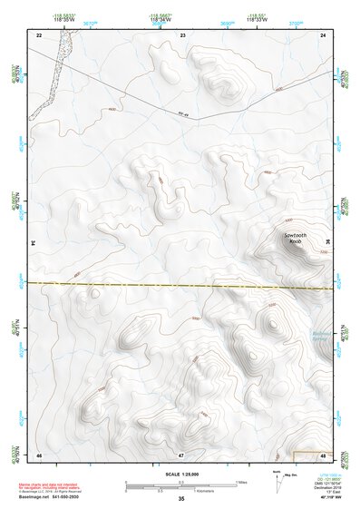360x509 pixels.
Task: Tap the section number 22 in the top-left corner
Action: pos(39,34)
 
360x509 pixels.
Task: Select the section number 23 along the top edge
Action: pos(183,34)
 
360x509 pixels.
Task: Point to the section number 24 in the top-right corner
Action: pos(324,34)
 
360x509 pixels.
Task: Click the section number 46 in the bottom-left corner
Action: pos(39,454)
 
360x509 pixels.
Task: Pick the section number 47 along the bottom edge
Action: pos(181,454)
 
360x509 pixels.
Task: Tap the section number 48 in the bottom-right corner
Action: pos(324,454)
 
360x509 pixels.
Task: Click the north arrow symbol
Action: pos(277,482)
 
